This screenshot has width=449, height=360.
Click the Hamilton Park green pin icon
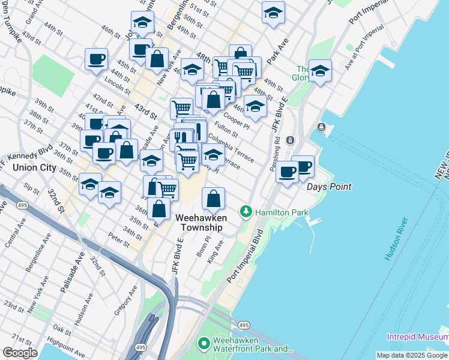tap(246, 212)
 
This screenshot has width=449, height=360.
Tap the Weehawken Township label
tap(199, 223)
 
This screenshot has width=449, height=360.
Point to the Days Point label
tap(329, 187)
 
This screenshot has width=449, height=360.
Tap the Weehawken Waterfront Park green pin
tap(204, 344)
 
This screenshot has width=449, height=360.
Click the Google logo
tap(20, 353)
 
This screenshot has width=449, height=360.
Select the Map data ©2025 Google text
tap(412, 355)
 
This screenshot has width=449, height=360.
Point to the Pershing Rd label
tap(277, 148)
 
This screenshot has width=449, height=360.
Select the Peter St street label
tap(118, 241)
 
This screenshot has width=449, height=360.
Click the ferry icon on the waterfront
tap(321, 127)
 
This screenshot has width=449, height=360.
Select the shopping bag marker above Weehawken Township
tap(213, 199)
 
